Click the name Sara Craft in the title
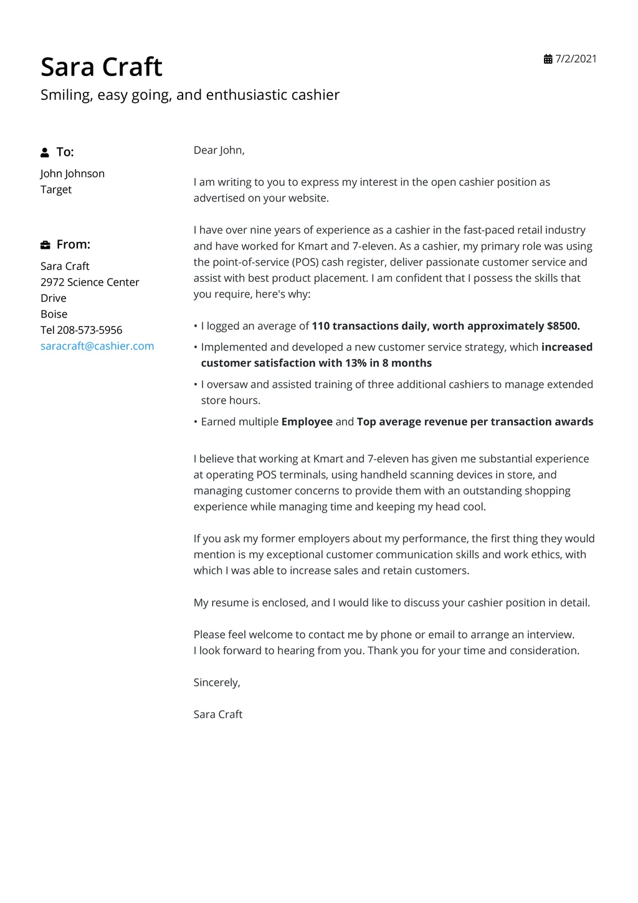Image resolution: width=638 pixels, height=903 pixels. click(x=102, y=67)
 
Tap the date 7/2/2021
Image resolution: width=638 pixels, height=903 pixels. click(x=576, y=59)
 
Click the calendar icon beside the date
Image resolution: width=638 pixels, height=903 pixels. click(x=548, y=59)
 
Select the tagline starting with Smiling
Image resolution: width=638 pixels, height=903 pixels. click(x=190, y=95)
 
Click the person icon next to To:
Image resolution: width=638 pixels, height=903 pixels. click(x=45, y=152)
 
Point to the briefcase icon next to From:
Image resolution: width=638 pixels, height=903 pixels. click(x=45, y=244)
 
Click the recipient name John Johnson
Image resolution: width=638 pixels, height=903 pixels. click(x=72, y=173)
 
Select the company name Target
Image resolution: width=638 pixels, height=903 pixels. click(x=56, y=190)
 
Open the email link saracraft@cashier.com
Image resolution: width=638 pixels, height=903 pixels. click(x=97, y=346)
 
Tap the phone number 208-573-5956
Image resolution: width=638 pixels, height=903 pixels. click(x=89, y=330)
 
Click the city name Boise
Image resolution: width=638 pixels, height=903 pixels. click(x=54, y=314)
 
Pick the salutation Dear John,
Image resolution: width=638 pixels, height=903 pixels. click(x=219, y=150)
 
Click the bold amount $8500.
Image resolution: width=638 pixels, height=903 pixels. click(x=563, y=326)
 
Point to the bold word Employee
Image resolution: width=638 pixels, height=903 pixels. click(x=307, y=422)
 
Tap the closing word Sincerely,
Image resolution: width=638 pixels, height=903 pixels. click(x=217, y=682)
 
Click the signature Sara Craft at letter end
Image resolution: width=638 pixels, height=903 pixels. click(x=217, y=715)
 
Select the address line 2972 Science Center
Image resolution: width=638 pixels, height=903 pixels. click(x=90, y=282)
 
